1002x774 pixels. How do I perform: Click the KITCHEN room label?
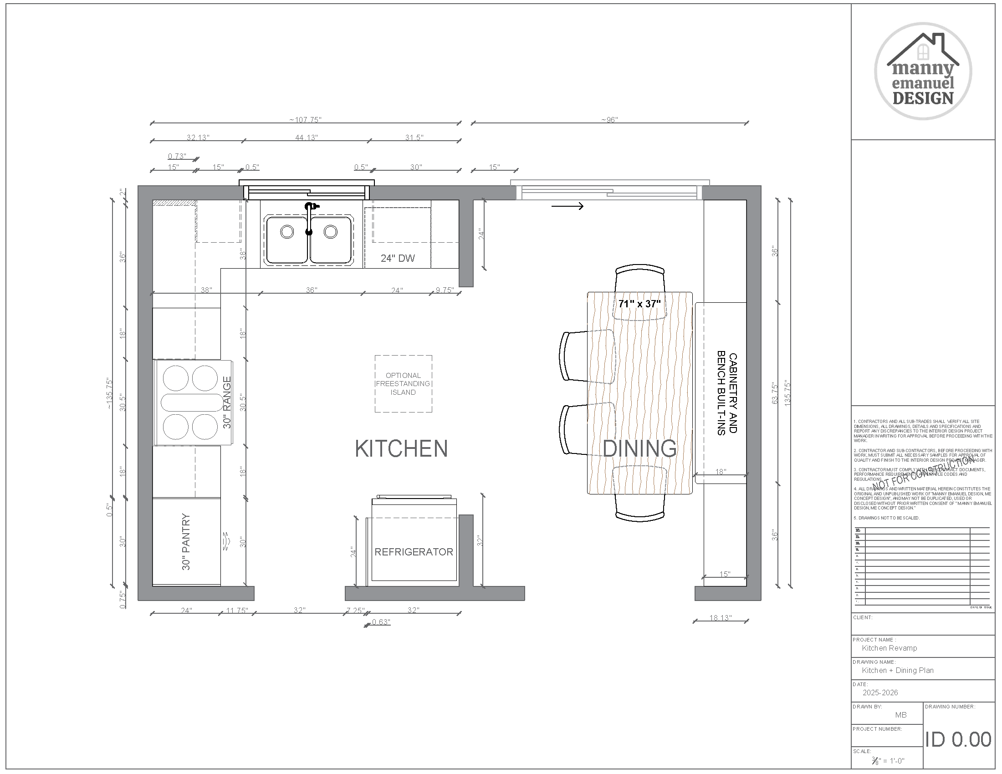[x=401, y=448]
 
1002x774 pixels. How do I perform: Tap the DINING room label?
[x=639, y=448]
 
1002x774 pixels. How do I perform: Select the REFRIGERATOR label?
[x=414, y=552]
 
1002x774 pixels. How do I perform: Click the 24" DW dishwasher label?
[x=397, y=258]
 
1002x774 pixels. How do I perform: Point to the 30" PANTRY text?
[x=186, y=541]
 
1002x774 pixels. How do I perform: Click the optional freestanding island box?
[x=403, y=384]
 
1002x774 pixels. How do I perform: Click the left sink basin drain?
[x=287, y=232]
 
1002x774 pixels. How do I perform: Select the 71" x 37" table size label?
[x=639, y=304]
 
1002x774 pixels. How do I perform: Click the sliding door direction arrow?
[x=567, y=206]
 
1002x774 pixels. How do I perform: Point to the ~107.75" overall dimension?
[x=305, y=120]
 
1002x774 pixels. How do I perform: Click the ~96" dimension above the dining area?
[x=609, y=120]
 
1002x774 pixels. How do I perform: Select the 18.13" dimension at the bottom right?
[x=721, y=618]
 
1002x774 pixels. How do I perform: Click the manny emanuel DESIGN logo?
[x=923, y=71]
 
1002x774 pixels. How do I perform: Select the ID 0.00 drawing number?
[x=957, y=739]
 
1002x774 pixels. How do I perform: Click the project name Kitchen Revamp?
[x=889, y=648]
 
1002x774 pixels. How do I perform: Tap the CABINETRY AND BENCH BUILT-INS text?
[x=727, y=393]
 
